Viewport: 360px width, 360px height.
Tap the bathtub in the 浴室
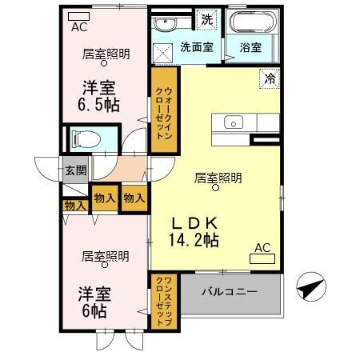[250, 22]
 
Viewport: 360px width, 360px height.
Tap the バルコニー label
[229, 292]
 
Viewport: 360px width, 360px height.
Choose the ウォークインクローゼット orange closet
[162, 110]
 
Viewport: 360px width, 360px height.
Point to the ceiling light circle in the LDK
[215, 189]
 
